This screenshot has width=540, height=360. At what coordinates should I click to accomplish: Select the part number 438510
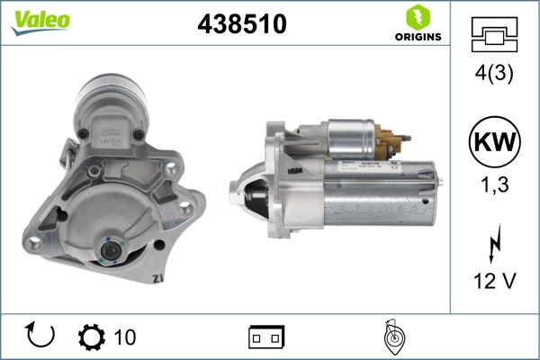coord(241,25)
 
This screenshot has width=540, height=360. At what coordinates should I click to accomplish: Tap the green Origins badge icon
coord(415,16)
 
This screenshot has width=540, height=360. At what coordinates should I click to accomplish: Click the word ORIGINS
coord(416,37)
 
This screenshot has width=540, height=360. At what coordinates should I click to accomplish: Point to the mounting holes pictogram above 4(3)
coord(492,37)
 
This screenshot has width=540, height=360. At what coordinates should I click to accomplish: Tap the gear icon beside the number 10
coord(92,336)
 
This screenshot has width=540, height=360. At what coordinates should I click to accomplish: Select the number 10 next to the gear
coord(125,337)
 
